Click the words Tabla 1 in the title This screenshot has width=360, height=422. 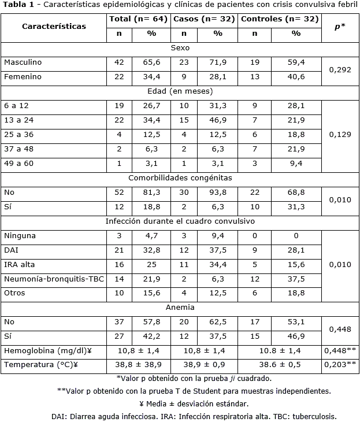18,6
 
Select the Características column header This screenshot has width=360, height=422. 54,26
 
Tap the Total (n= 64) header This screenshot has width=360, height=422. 139,19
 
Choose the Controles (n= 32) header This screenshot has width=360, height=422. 280,19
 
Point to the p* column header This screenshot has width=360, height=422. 340,26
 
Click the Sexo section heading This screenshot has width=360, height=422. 180,48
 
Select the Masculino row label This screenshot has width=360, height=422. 23,62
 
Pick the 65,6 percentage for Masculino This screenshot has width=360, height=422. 151,62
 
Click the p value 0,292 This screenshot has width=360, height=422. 340,69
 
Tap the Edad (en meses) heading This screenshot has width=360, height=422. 180,91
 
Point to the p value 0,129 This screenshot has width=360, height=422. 340,134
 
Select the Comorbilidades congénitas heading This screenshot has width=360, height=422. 180,178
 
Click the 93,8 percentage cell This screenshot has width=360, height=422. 218,193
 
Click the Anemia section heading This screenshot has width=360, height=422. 180,308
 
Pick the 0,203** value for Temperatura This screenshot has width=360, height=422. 340,365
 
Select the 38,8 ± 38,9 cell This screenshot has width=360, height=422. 139,365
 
